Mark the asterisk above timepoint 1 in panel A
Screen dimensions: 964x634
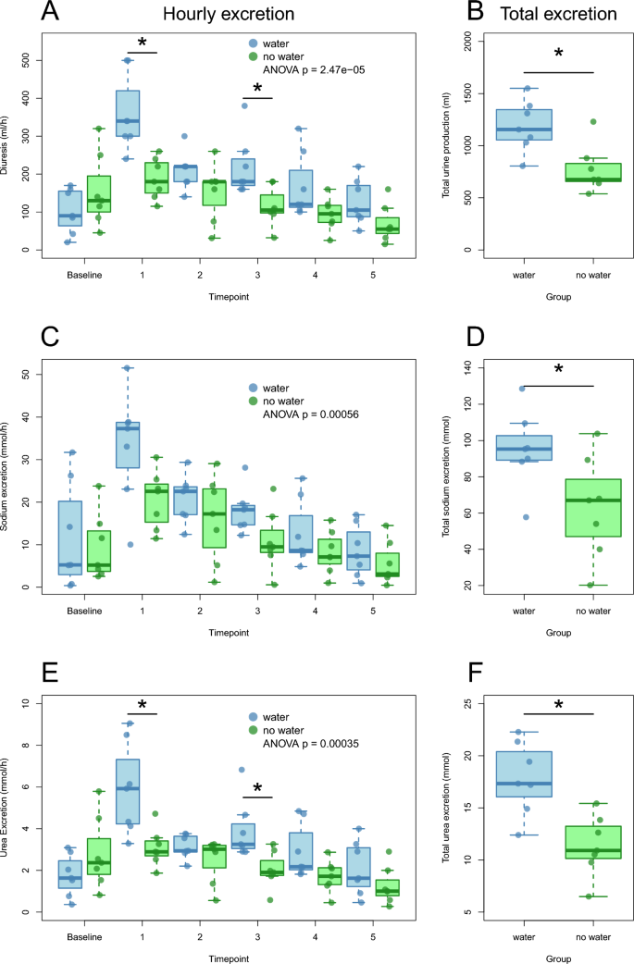tap(142, 43)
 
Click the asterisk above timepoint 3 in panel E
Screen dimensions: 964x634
tap(257, 789)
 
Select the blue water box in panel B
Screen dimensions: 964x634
tap(524, 124)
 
